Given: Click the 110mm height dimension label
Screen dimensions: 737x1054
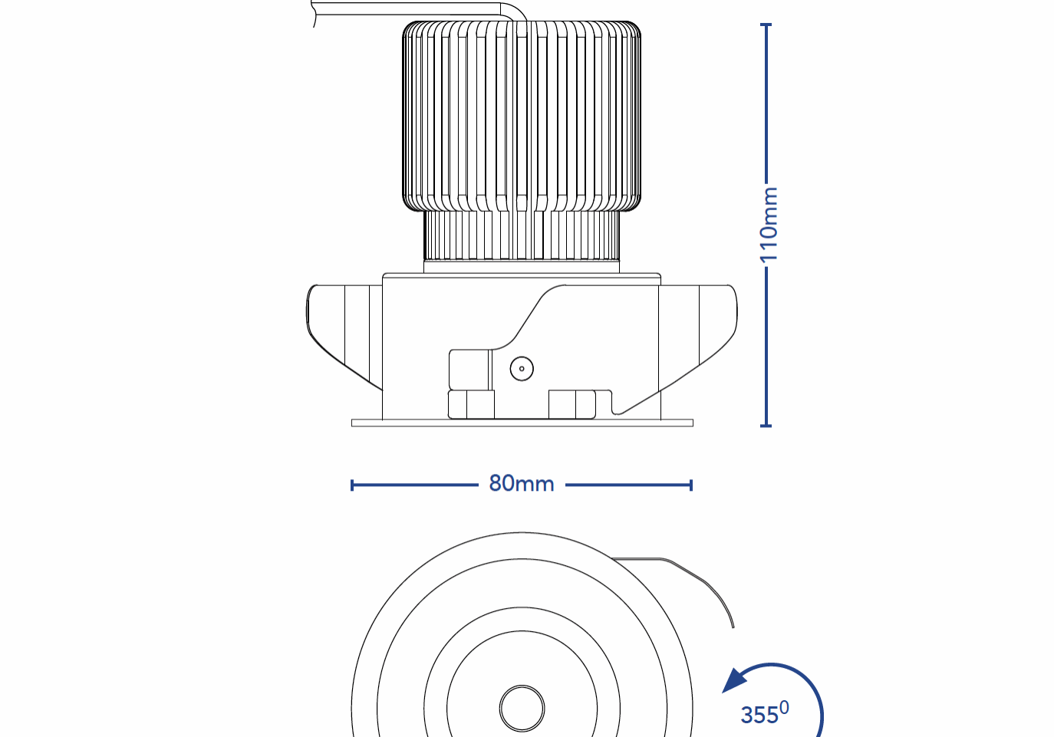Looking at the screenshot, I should [x=769, y=224].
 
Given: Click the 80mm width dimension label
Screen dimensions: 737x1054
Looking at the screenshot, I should [x=522, y=484].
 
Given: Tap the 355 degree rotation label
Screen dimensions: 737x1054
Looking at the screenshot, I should [x=764, y=713].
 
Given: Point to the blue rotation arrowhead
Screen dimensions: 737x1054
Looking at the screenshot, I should [x=736, y=680].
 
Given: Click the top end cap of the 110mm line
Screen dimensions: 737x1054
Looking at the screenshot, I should [x=766, y=25].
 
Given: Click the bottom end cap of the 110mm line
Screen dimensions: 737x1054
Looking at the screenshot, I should [x=766, y=425].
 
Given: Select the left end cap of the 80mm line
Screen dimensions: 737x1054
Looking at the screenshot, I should [x=352, y=485].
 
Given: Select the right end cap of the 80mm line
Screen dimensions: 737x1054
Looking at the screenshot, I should [x=691, y=485].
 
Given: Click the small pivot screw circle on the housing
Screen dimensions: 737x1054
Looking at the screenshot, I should [x=522, y=369].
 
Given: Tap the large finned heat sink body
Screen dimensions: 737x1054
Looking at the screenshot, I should [x=522, y=115].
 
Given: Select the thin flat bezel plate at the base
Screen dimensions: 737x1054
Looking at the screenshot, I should [x=522, y=423].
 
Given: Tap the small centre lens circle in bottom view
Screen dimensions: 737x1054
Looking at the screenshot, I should [x=522, y=708].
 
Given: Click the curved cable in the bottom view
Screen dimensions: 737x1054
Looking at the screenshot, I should [x=690, y=575].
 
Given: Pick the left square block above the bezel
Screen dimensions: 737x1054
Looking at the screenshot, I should [x=471, y=404].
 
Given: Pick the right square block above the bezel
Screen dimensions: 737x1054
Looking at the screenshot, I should [x=571, y=404].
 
